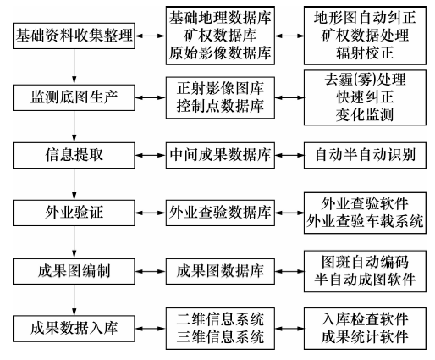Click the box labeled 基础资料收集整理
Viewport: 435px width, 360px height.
[74, 36]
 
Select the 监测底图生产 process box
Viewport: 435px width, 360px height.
[74, 97]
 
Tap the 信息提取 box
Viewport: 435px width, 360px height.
[74, 155]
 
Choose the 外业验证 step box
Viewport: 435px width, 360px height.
[74, 213]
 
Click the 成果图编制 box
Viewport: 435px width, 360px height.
[74, 271]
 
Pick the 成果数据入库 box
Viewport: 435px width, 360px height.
[74, 329]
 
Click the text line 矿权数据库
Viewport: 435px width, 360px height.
[220, 36]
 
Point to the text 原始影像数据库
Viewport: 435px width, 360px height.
[220, 53]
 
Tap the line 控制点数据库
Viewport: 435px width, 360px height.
[220, 106]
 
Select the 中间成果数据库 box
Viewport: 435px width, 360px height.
[220, 155]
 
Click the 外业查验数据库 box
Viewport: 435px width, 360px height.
[220, 213]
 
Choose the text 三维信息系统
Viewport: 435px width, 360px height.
[220, 337]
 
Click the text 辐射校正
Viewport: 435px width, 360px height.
[365, 53]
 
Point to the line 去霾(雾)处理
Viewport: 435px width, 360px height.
[365, 80]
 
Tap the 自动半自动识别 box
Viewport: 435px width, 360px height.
[365, 155]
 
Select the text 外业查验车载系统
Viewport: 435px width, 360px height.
[365, 221]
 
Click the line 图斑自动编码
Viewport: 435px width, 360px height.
[365, 262]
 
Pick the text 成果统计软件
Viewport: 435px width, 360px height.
[365, 337]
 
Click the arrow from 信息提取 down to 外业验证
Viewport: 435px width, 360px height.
[74, 184]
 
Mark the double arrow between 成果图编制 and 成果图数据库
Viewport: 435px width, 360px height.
[151, 271]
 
